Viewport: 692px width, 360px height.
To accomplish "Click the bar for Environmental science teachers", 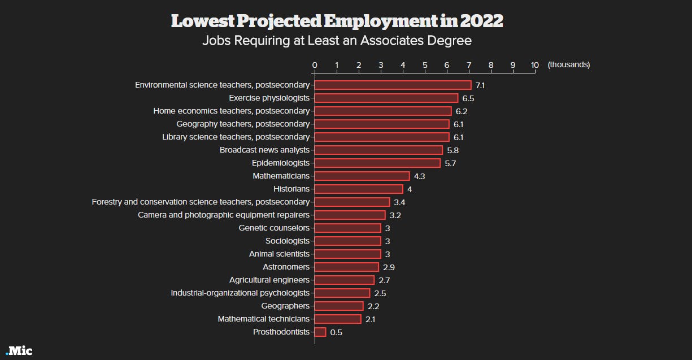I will tap(393, 85).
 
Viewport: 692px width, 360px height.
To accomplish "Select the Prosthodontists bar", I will tap(320, 332).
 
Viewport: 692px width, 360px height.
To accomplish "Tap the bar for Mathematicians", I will tap(362, 176).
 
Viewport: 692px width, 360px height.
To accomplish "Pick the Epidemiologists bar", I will tap(377, 163).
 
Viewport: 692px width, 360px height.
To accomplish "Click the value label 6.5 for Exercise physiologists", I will tap(468, 98).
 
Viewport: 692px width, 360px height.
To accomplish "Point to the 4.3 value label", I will tap(419, 176).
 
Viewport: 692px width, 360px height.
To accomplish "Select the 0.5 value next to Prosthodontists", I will tap(336, 332).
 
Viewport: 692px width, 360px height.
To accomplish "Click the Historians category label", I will tap(291, 189).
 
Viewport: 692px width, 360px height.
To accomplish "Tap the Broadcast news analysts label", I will tap(264, 150).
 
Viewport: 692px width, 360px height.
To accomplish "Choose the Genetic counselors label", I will tap(274, 228).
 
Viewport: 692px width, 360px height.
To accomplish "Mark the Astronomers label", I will tap(286, 267).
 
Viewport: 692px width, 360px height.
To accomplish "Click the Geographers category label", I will tap(285, 306).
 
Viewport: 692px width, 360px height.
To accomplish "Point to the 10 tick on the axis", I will tap(535, 65).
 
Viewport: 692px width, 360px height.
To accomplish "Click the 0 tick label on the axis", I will tap(315, 65).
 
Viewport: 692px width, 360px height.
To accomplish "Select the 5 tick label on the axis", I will tap(425, 65).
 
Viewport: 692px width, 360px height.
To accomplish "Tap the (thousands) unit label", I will tap(568, 65).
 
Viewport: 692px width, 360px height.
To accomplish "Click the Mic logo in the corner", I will tap(19, 351).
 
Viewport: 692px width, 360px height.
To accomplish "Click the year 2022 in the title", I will tap(481, 21).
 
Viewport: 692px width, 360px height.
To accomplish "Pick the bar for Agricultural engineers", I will tap(344, 280).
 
